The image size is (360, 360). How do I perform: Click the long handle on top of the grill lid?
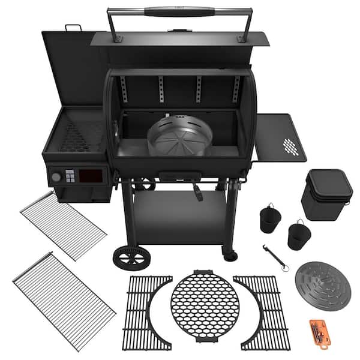coord(179,11)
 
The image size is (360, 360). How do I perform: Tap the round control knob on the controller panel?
coord(56,177)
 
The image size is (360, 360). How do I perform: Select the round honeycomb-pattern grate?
coord(205,308)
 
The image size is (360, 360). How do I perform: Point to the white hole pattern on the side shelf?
coord(290,146)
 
